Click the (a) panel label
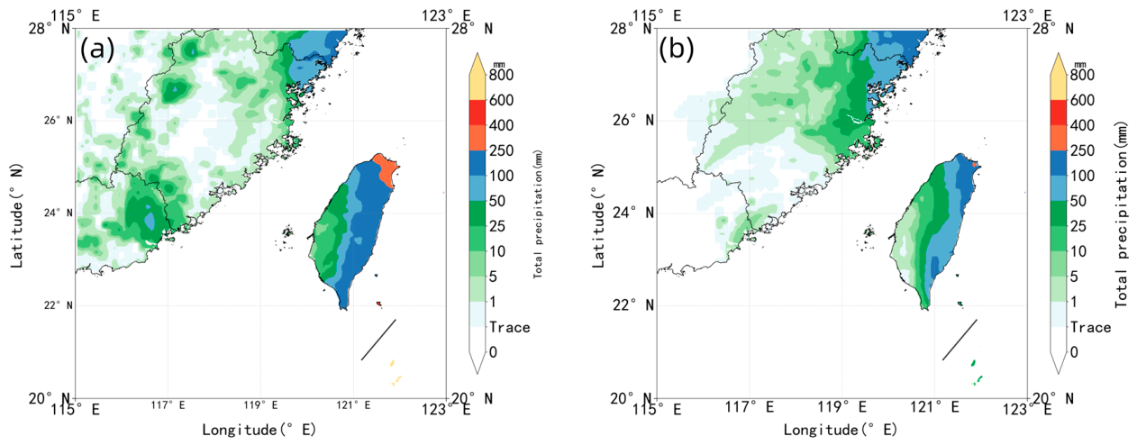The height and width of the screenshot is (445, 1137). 97,50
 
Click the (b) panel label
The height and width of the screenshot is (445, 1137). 677,50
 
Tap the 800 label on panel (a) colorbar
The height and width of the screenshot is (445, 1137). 501,75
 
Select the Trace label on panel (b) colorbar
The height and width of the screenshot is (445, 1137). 1091,327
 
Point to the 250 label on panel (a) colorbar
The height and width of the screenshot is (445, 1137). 501,150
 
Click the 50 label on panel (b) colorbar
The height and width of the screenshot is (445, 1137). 1078,201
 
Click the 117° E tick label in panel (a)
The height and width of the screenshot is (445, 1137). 168,405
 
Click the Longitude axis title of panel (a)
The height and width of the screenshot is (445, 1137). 259,431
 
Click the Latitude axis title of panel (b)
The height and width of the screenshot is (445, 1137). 599,215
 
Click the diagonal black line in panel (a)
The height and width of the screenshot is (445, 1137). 378,340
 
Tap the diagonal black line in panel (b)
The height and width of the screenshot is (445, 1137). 960,340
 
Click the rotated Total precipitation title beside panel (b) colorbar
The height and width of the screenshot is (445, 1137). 1122,214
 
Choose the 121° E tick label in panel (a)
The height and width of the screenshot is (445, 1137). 353,405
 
